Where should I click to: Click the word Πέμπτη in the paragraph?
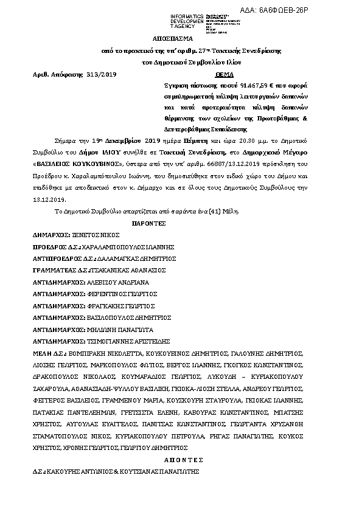(x=196, y=140)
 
